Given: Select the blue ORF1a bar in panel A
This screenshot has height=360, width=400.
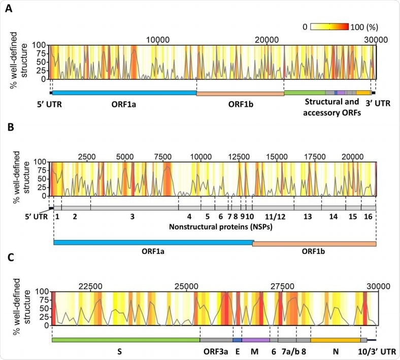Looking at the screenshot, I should (x=124, y=93).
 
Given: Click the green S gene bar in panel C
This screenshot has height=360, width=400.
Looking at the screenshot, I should (x=125, y=340).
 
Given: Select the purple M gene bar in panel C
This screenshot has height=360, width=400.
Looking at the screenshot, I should (x=255, y=340).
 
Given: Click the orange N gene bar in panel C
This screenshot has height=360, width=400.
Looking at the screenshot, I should (x=335, y=340).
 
